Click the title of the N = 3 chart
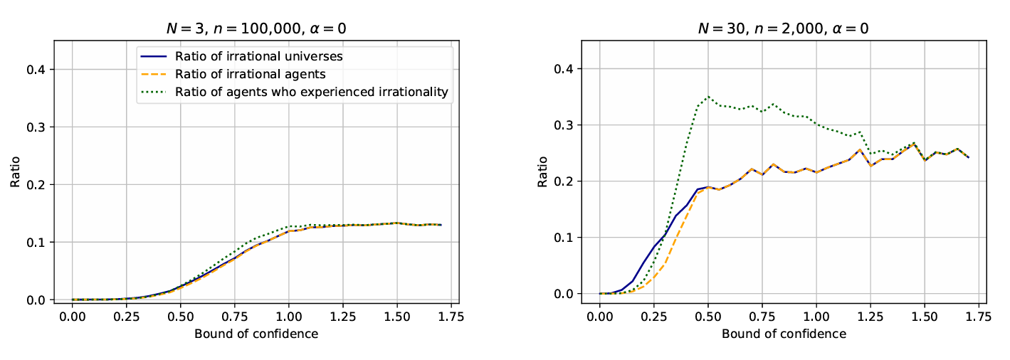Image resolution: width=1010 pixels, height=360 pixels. (256, 28)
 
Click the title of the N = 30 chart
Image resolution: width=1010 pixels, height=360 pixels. (784, 28)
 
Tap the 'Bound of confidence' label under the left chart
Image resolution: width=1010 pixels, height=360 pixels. (256, 333)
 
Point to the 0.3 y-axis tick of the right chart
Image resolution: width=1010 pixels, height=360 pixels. (567, 125)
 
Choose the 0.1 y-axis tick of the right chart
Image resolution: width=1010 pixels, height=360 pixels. (567, 238)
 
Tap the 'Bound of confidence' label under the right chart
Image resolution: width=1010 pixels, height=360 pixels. (784, 333)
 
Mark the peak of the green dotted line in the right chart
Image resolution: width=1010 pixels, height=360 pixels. (708, 97)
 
